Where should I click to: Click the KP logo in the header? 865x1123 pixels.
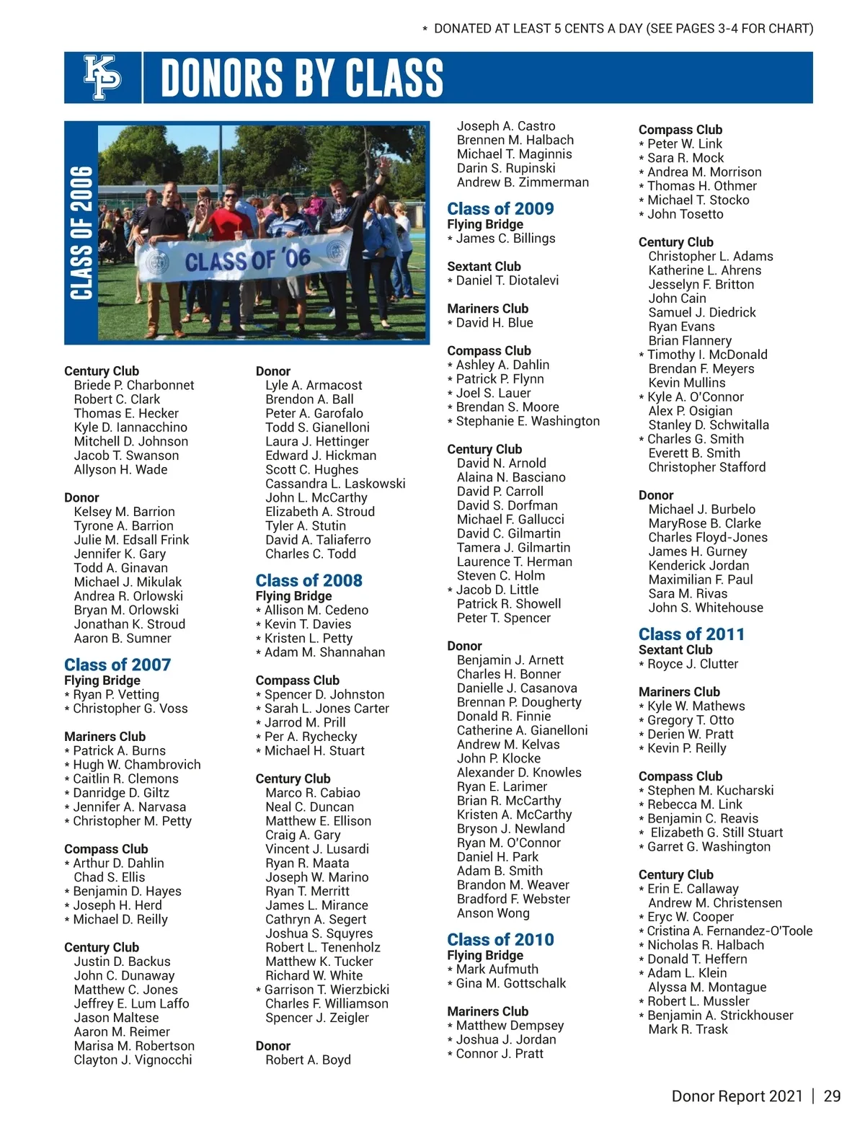click(102, 77)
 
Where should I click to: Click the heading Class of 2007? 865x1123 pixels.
click(117, 665)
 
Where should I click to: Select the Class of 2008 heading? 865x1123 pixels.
click(309, 580)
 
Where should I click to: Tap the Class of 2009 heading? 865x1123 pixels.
click(500, 208)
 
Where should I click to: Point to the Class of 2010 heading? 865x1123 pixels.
click(500, 939)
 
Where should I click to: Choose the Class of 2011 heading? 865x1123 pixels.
click(691, 634)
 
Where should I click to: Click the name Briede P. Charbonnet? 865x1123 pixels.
click(133, 385)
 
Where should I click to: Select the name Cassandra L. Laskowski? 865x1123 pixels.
click(335, 484)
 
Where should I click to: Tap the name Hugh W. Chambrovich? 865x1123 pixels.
click(137, 764)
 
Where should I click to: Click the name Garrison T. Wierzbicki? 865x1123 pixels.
click(327, 990)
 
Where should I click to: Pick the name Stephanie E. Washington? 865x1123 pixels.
click(528, 421)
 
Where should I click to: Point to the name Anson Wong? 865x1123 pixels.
click(493, 913)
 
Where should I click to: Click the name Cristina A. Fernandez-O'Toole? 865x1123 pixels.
click(729, 931)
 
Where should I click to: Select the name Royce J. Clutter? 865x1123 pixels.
click(693, 664)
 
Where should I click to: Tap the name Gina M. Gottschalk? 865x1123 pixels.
click(511, 983)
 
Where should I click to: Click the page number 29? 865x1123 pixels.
click(832, 1096)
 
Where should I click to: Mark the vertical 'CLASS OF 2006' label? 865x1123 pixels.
click(81, 232)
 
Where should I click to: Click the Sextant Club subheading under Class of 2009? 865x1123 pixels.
click(484, 266)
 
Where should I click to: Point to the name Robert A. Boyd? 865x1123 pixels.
click(308, 1060)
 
